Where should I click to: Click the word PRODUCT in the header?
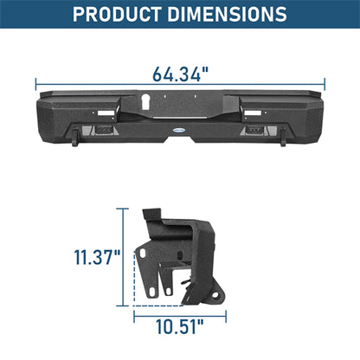(121, 15)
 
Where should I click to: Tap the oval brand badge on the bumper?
(180, 132)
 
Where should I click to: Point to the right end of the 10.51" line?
(228, 316)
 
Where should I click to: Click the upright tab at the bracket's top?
(150, 219)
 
